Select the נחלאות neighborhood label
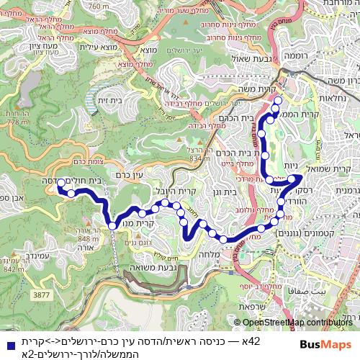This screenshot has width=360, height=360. tap(333, 98)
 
